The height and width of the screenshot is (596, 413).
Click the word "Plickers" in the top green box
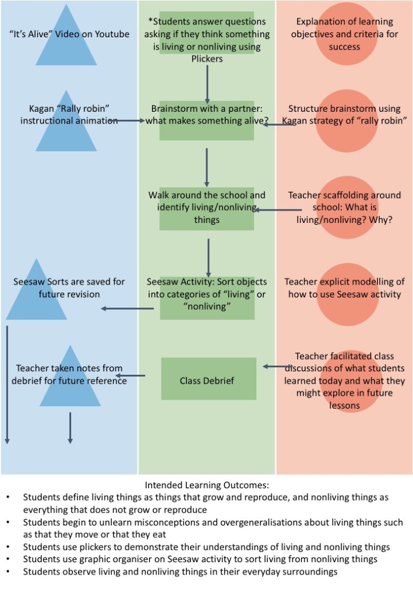207,58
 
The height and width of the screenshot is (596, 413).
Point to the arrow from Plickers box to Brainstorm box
207,84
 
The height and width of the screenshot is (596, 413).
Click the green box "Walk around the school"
207,208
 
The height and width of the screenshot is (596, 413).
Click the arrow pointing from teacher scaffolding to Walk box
277,210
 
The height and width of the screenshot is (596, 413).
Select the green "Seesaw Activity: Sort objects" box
207,297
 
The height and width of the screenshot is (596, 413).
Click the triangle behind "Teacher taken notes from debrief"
70,381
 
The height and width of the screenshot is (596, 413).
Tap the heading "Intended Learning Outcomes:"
207,485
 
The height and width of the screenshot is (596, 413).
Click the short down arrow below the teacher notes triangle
70,428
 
